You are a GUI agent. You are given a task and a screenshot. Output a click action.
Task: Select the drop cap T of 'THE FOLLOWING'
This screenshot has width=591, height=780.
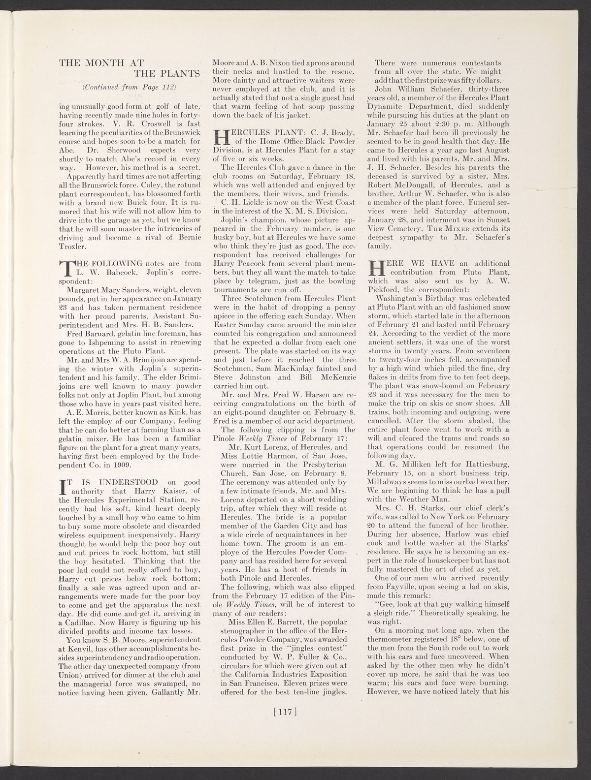tap(65, 269)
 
